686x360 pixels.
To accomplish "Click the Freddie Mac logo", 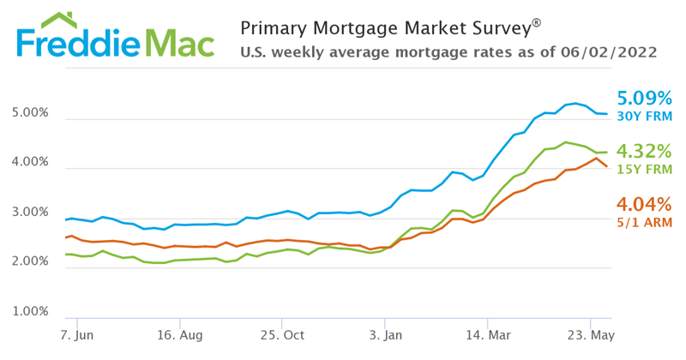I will (113, 43).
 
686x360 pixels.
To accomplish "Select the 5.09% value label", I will (644, 98).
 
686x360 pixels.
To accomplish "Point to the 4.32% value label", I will (644, 151).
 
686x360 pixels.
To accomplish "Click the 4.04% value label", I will (644, 204).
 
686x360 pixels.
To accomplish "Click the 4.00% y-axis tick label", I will (30, 163).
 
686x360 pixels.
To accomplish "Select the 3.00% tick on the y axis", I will (30, 213).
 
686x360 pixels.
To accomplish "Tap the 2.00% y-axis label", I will (30, 262).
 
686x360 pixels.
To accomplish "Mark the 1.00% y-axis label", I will (30, 312).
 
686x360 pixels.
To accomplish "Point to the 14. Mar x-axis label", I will (489, 334).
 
